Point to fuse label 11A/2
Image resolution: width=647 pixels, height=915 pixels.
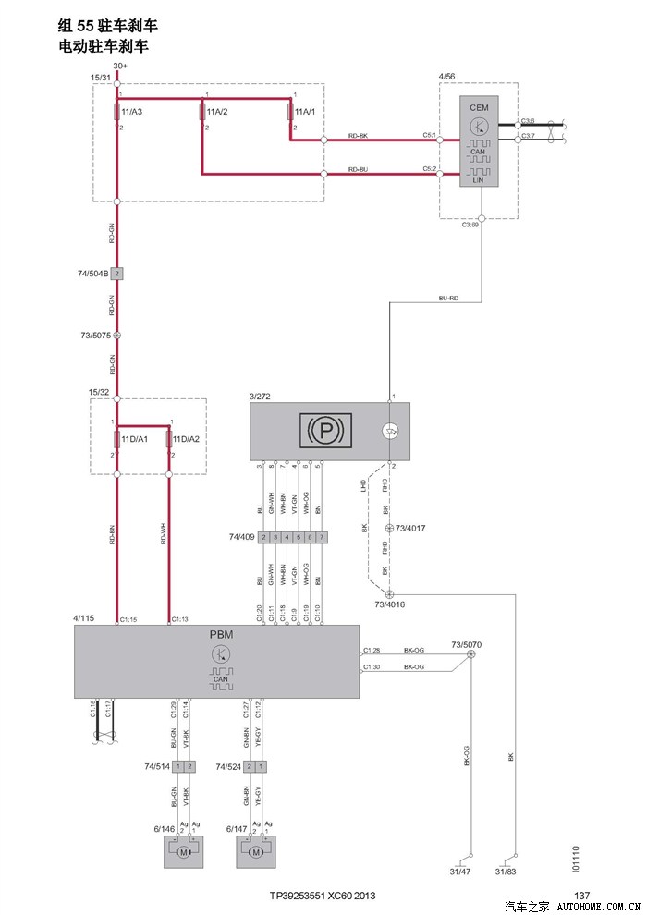217,112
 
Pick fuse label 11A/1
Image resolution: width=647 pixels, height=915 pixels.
305,112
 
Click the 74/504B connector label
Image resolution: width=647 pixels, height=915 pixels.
93,274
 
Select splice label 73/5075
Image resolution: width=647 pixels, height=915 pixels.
95,335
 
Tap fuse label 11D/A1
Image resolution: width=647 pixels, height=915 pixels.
134,440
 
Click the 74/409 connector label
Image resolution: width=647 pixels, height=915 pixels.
241,537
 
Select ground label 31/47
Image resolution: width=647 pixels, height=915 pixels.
459,872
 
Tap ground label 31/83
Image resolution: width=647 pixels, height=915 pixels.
507,872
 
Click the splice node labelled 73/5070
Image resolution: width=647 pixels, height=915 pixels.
471,654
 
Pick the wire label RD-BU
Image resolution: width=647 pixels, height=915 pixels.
359,170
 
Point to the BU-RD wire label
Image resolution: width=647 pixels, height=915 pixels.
448,298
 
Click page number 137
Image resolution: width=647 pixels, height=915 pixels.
581,895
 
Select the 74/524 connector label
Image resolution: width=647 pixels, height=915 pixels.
228,766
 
